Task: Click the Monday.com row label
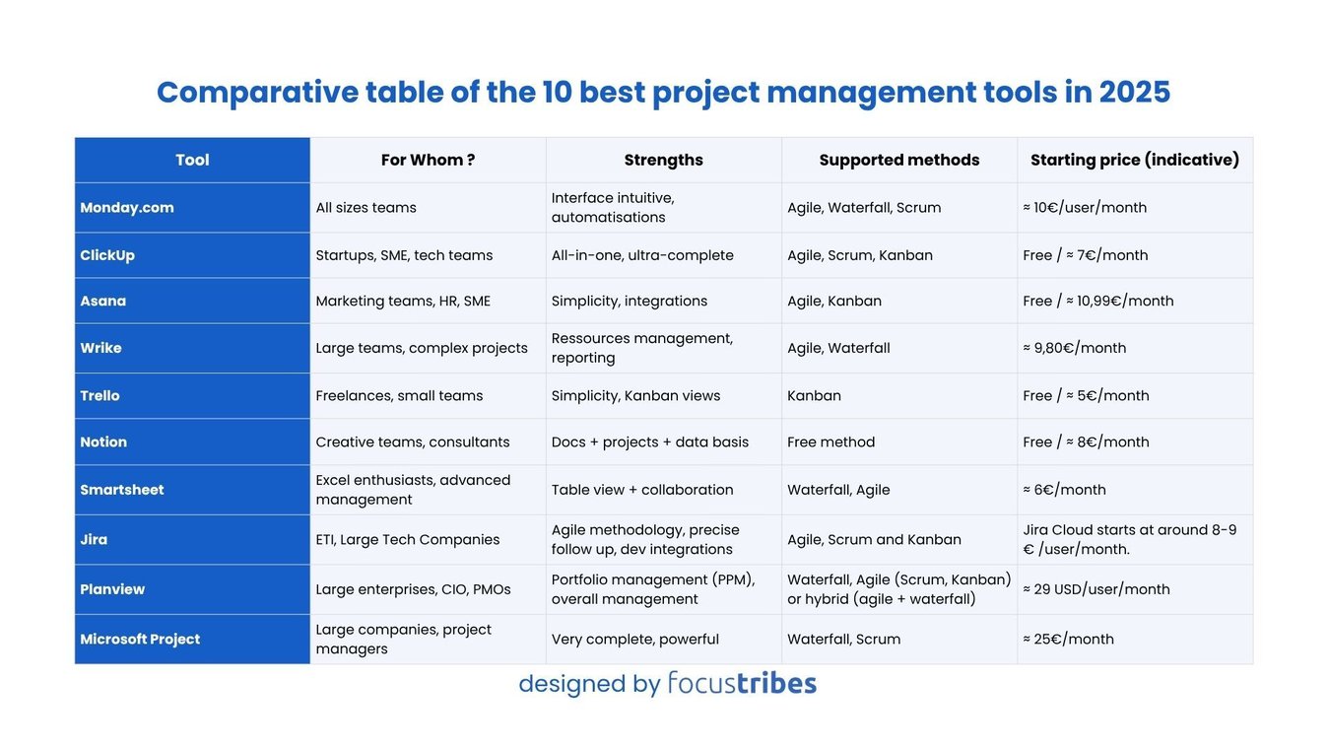pos(127,208)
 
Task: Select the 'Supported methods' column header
pos(898,160)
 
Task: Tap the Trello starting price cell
pos(1086,395)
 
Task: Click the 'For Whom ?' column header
pos(428,160)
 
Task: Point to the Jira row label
pos(95,539)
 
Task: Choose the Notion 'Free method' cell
pos(830,441)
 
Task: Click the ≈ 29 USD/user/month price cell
pos(1096,589)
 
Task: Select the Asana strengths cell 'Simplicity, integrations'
pos(629,301)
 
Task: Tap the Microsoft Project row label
pos(140,639)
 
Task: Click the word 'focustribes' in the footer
pos(741,683)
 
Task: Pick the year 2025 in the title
pos(1134,92)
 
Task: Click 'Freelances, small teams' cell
pos(399,395)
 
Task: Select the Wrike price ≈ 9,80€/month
pos(1074,348)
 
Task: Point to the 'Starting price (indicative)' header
pos(1134,160)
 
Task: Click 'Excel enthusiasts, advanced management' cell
pos(413,490)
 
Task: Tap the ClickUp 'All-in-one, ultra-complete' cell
pos(641,255)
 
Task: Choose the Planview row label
pos(112,589)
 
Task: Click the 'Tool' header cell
pos(192,160)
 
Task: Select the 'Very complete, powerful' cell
pos(634,639)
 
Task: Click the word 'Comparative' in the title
pos(257,92)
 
